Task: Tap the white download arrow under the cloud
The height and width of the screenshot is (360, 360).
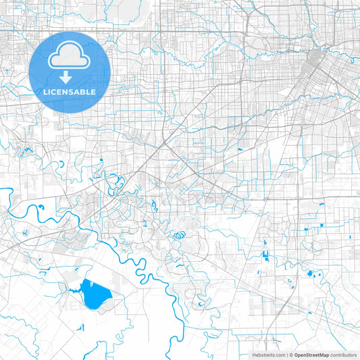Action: pos(70,76)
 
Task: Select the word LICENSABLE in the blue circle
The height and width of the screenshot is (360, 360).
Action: pos(70,92)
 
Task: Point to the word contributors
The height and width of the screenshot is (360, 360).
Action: pos(343,355)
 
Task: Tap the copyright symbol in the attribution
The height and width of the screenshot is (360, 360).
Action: pos(291,355)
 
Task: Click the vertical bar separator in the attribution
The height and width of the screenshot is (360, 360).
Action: pos(286,355)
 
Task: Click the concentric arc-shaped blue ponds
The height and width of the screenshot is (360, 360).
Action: pos(179,236)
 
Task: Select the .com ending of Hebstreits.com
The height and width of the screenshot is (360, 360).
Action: pos(279,355)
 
